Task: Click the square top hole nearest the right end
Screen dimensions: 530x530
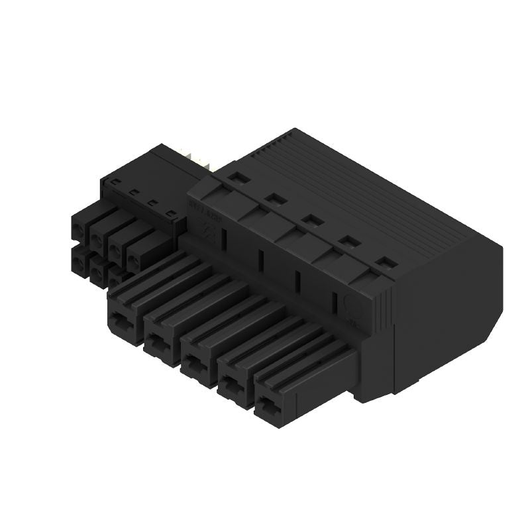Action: pyautogui.click(x=384, y=262)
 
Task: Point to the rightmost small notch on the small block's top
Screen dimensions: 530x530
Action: pyautogui.click(x=172, y=213)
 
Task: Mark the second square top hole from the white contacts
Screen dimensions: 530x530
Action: pyautogui.click(x=272, y=197)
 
